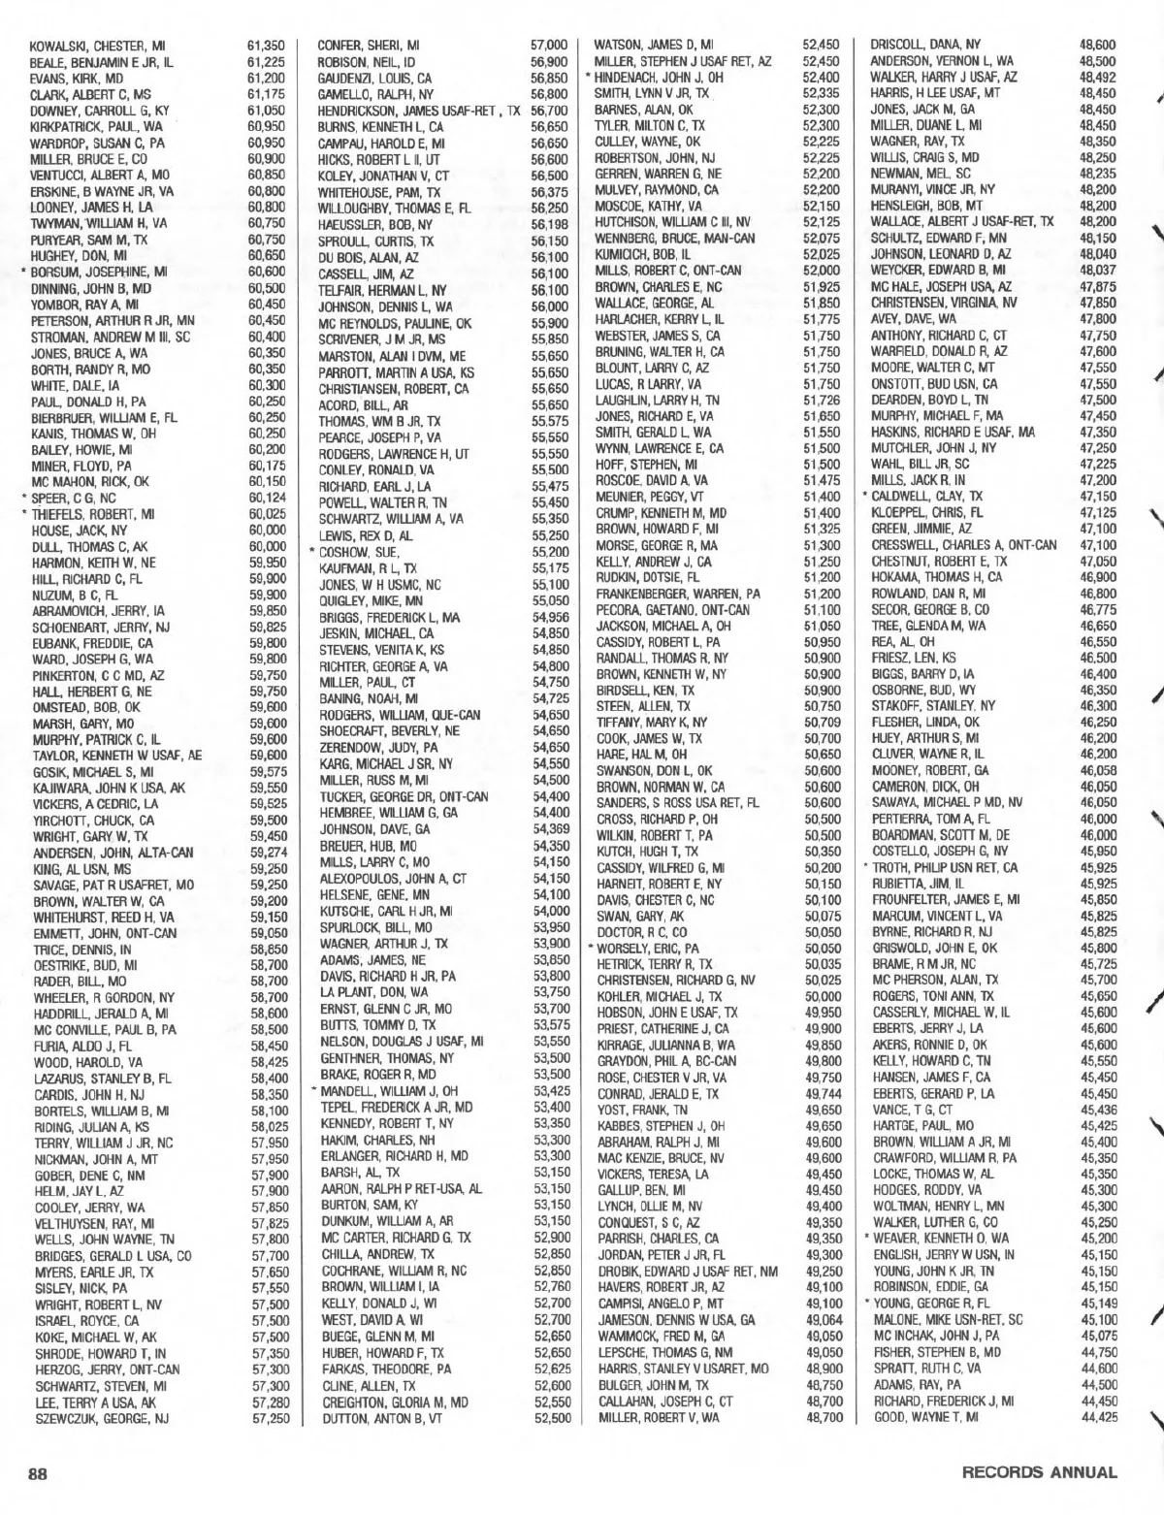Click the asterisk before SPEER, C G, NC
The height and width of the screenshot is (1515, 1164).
(x=23, y=498)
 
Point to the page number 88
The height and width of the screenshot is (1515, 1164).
(x=38, y=1472)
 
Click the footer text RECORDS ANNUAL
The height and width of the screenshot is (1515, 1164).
(x=1039, y=1472)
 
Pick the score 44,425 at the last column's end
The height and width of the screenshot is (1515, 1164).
(x=1097, y=1418)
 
